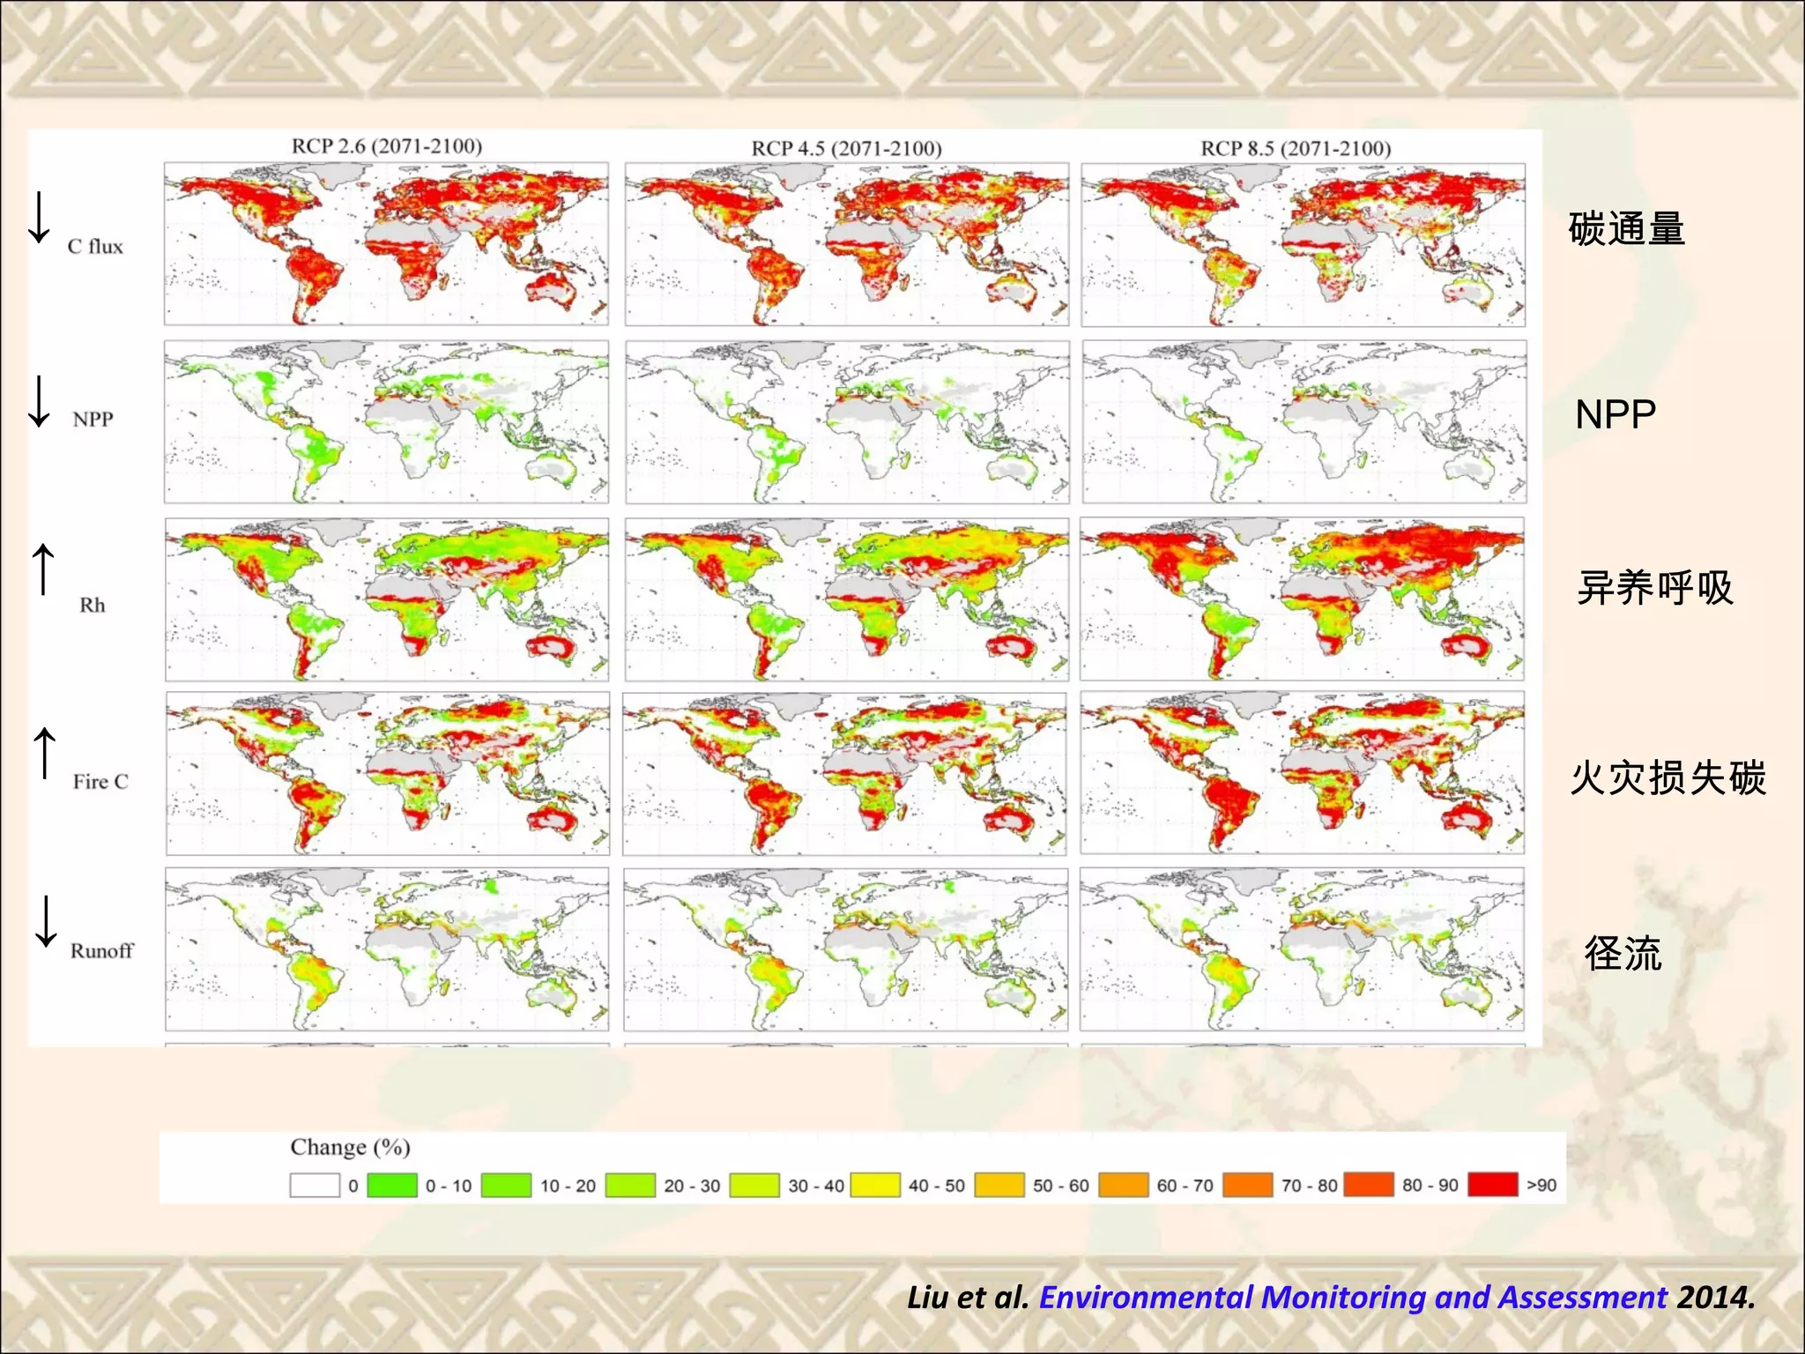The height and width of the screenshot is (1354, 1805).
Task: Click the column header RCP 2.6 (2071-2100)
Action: tap(387, 146)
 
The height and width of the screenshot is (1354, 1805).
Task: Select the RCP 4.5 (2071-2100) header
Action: tap(846, 148)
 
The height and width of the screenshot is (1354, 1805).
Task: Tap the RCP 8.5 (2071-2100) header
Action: tap(1296, 148)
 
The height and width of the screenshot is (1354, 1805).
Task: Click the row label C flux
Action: tap(95, 247)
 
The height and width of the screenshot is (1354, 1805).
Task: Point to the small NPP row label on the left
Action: tap(93, 420)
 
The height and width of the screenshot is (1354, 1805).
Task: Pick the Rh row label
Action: tap(92, 606)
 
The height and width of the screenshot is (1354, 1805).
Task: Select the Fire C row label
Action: tap(100, 782)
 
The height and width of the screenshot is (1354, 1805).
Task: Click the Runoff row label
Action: tap(101, 951)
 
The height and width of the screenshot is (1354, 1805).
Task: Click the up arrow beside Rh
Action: tap(43, 569)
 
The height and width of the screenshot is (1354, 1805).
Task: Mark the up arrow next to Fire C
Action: tap(44, 753)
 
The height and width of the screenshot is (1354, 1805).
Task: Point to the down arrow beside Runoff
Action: tap(46, 921)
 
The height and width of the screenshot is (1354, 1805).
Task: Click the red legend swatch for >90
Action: tap(1492, 1185)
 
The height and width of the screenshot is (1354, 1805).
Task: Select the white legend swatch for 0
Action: tap(315, 1186)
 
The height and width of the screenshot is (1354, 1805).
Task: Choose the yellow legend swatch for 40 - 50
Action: tap(875, 1186)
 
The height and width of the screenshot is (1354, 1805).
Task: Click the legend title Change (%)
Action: tap(350, 1148)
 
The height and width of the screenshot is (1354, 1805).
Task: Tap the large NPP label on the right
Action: tap(1616, 414)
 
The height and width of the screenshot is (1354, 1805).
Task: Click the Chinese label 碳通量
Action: tap(1626, 229)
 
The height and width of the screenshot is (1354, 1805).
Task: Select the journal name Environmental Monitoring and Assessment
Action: tap(1353, 1298)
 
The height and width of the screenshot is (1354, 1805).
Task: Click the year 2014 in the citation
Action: tap(1715, 1298)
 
